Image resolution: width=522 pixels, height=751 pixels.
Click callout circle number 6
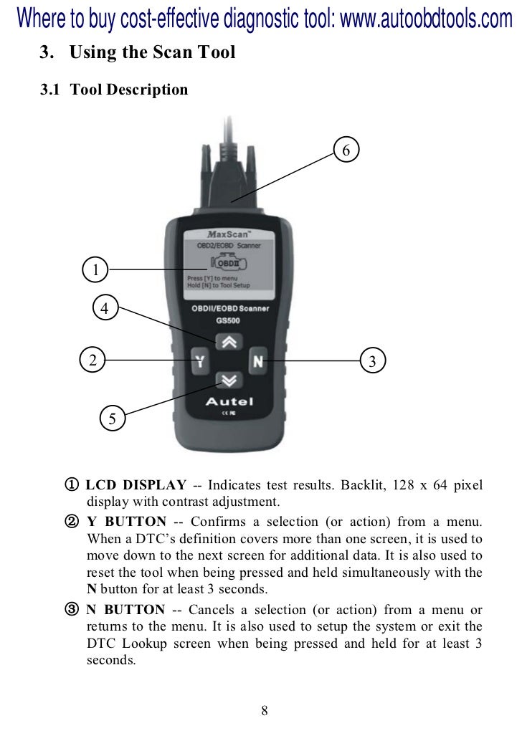point(346,150)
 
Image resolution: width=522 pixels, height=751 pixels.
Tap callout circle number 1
point(95,269)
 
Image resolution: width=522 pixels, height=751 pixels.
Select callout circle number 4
point(105,307)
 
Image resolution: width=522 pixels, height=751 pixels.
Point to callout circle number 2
point(92,359)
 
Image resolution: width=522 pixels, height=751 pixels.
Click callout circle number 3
point(372,360)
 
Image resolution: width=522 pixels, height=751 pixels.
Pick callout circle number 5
point(112,418)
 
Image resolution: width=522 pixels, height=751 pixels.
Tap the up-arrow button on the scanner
point(229,342)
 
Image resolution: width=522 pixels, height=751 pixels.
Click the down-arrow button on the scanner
point(229,381)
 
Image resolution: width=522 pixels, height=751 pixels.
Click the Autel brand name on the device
point(229,401)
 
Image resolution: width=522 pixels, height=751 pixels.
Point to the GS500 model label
point(228,320)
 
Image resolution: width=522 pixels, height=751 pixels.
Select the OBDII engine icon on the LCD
point(229,262)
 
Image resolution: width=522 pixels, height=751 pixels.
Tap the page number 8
point(265,710)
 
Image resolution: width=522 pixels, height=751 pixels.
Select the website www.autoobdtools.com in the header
point(426,18)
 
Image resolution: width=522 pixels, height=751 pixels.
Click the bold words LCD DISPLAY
point(136,484)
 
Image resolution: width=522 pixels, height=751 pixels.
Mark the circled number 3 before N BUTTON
point(72,609)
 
